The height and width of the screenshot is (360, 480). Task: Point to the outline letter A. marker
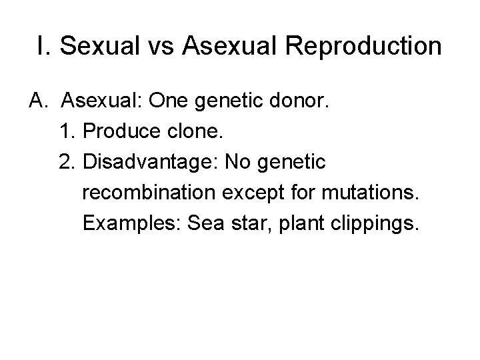tap(37, 101)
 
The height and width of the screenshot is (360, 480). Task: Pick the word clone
tap(198, 131)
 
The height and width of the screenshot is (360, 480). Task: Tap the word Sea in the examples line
tap(207, 223)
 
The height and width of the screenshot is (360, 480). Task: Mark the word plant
tap(309, 224)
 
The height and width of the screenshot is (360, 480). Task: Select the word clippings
tap(379, 224)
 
